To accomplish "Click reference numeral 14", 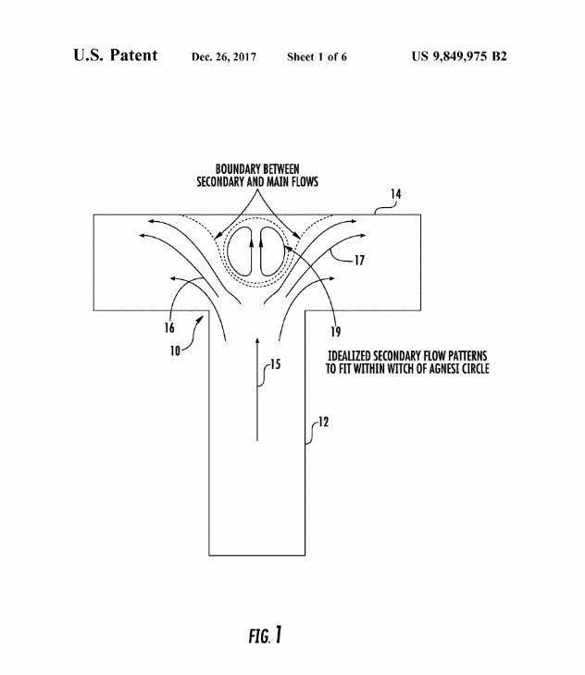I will point(395,194).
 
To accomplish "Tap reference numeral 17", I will point(359,261).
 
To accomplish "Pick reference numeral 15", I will point(277,364).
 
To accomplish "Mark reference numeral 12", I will point(322,423).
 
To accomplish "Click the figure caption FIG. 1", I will point(265,636).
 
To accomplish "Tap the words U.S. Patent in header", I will point(115,55).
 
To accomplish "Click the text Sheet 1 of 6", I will point(317,57).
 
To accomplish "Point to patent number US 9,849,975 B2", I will point(458,56).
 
